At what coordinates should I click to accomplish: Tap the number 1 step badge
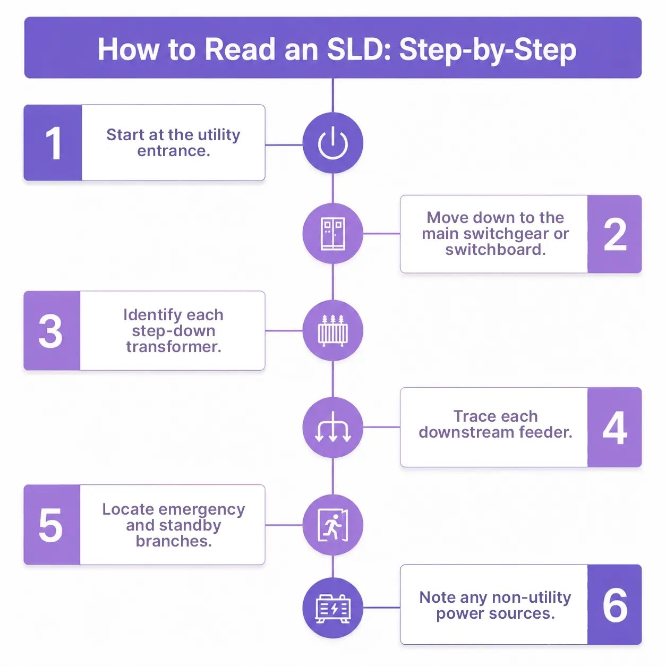click(x=53, y=143)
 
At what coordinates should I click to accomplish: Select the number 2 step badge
click(x=614, y=234)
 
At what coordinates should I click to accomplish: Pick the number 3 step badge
click(x=52, y=331)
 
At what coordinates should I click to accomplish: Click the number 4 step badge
click(x=614, y=427)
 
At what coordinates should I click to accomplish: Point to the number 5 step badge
click(x=52, y=525)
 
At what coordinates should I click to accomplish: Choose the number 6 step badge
click(x=614, y=605)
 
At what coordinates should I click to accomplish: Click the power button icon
click(x=333, y=143)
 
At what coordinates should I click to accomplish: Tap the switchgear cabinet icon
click(x=333, y=234)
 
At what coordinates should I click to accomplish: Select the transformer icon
click(x=333, y=331)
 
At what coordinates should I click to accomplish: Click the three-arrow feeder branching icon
click(x=333, y=427)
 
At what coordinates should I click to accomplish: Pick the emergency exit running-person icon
click(x=333, y=525)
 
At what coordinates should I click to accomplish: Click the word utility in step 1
click(x=219, y=135)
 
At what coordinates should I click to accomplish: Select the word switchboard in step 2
click(x=496, y=250)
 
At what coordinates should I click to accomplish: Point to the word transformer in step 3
click(x=174, y=347)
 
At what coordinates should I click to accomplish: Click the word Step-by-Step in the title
click(x=488, y=50)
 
